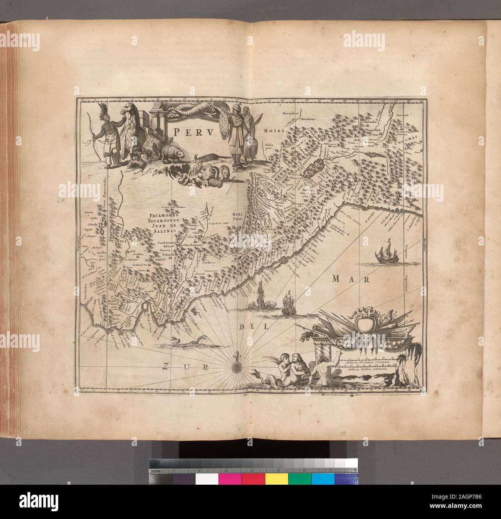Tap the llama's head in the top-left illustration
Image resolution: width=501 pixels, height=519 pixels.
pos(127,110)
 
